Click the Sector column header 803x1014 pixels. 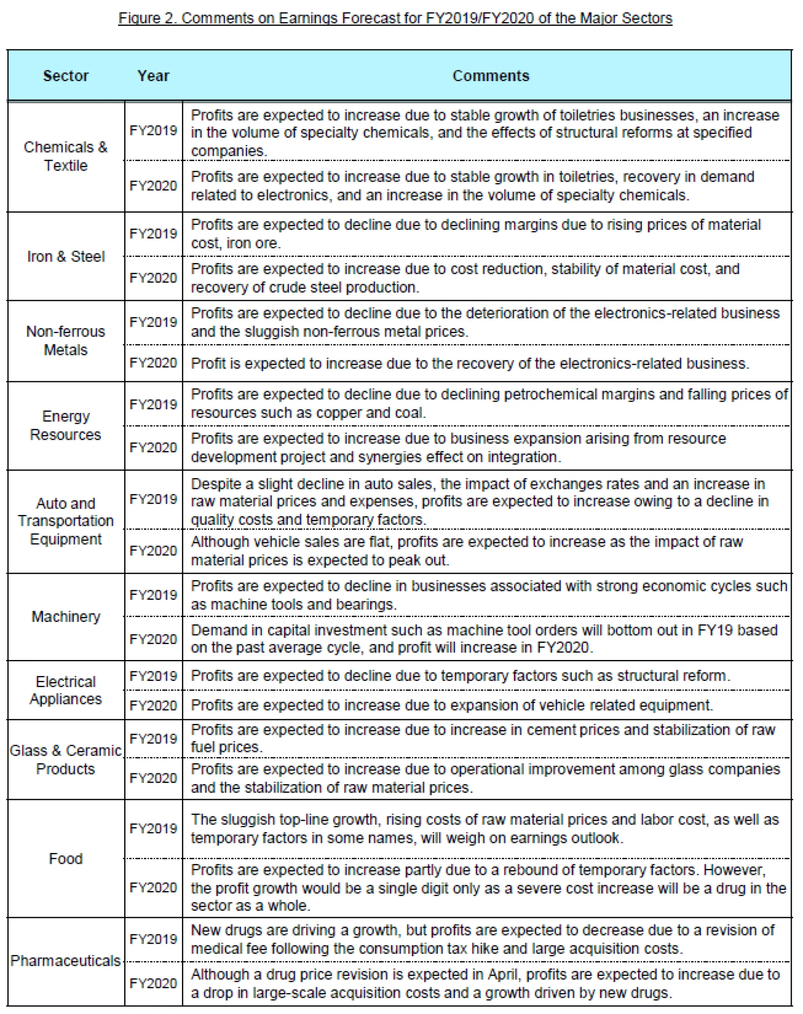click(66, 76)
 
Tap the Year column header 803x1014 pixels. click(153, 76)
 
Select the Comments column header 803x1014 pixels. click(490, 76)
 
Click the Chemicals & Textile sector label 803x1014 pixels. click(66, 156)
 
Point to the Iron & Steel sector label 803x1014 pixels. click(66, 257)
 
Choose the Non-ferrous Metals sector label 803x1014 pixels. click(66, 341)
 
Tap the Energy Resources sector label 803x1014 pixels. click(66, 425)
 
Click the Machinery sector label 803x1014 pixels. click(66, 617)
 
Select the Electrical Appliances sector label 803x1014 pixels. click(66, 690)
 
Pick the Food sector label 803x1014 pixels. click(66, 859)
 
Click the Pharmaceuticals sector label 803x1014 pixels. click(66, 960)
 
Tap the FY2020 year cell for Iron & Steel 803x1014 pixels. click(153, 278)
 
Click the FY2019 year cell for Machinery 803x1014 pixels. click(153, 595)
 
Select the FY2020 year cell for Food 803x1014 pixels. click(153, 888)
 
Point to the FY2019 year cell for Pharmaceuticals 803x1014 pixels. click(153, 939)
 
